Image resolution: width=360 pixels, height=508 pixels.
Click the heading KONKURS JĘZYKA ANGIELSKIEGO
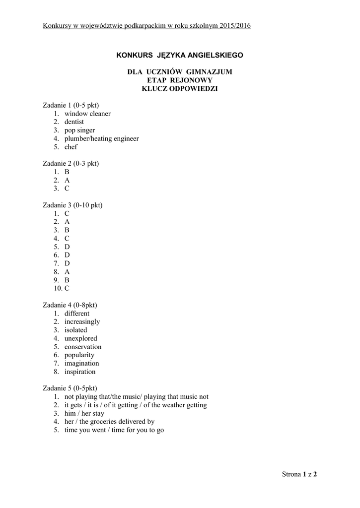pos(180,55)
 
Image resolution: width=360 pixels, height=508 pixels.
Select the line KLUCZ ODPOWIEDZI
pos(180,89)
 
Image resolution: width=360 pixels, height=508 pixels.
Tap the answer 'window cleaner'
pos(87,114)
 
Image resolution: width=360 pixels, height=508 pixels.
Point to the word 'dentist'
pos(74,122)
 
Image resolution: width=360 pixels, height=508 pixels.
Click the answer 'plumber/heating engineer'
pos(101,139)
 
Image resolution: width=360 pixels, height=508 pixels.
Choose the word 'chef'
pos(71,147)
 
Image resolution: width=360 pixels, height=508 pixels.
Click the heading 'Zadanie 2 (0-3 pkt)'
pos(71,163)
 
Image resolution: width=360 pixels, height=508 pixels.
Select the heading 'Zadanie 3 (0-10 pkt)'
pos(72,205)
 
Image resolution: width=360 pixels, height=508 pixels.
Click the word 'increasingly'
pos(82,322)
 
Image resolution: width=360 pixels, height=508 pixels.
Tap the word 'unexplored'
pos(80,339)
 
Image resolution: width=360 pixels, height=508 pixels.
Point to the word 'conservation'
pos(82,347)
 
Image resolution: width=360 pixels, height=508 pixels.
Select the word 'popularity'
pos(79,355)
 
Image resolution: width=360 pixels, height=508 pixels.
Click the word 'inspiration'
pos(79,372)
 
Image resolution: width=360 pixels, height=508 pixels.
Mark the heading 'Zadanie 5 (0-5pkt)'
pos(70,388)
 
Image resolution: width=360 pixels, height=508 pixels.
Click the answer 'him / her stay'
pos(84,414)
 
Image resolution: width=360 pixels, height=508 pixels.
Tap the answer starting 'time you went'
pos(114,431)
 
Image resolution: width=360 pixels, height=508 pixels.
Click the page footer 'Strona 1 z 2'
pos(299,474)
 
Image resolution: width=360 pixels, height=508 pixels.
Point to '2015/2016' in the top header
pos(234,25)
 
